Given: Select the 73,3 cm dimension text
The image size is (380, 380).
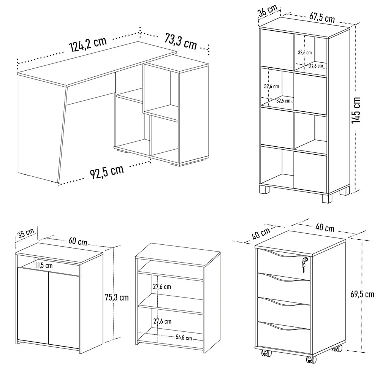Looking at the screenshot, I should (181, 41).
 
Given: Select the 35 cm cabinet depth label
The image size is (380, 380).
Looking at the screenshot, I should (26, 233).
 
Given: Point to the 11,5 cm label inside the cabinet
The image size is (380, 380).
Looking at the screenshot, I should (44, 265).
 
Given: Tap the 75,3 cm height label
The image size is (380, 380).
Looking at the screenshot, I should (116, 297).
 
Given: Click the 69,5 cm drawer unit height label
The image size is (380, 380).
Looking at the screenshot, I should (363, 294).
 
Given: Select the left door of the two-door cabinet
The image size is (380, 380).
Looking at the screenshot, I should (33, 306).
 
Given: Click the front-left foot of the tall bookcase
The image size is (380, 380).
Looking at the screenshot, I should (265, 189).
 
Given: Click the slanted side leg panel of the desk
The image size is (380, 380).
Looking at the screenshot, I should (40, 129).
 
